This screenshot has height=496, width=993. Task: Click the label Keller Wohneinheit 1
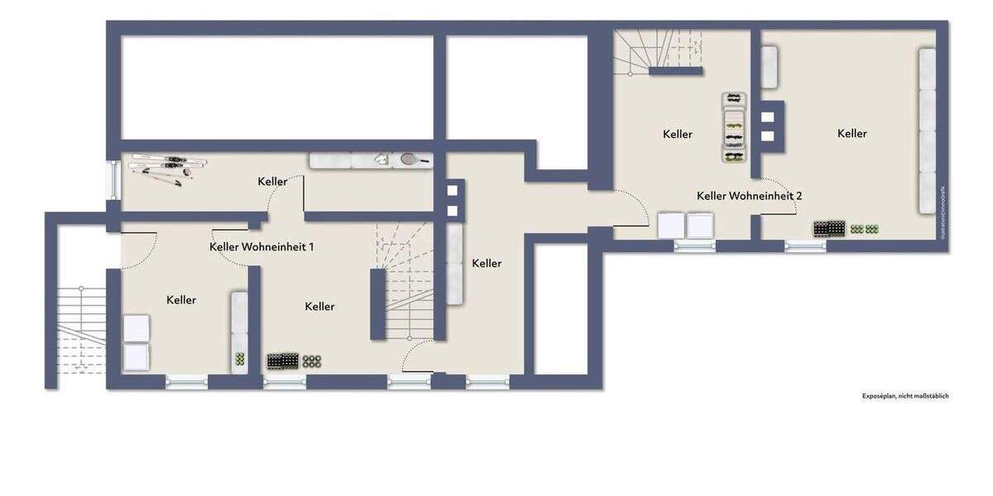261,246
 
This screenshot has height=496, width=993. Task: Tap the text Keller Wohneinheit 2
749,196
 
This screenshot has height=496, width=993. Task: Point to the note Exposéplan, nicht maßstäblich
905,396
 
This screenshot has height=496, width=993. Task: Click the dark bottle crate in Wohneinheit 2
829,227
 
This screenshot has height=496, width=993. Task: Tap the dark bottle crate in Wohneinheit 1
282,360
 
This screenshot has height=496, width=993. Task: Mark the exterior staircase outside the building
81,331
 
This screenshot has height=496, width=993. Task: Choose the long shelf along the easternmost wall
928,131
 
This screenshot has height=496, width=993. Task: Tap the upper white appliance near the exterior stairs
135,328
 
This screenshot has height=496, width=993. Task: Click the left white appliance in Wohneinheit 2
670,225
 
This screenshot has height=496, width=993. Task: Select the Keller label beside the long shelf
851,133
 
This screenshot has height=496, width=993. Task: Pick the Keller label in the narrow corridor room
487,263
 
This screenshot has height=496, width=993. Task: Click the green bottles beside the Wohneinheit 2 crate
865,229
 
